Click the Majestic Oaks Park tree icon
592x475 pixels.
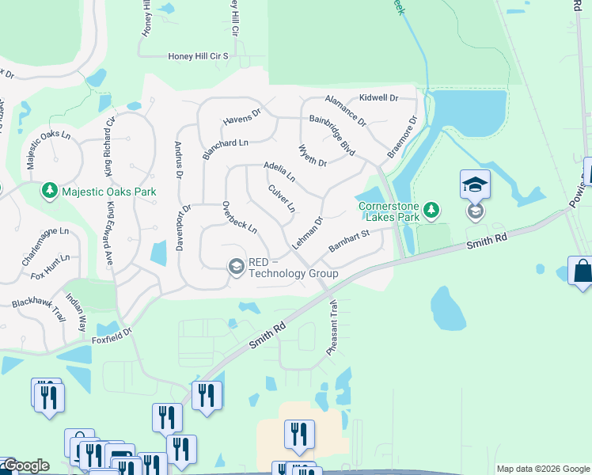[50, 192]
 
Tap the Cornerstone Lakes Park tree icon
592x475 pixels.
[431, 211]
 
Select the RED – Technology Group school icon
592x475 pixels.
[236, 267]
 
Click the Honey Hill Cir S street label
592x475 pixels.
[198, 56]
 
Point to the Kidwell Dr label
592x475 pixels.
[378, 97]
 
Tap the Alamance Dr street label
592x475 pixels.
[346, 111]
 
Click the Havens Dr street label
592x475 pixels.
[242, 118]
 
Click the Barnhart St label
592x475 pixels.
[349, 241]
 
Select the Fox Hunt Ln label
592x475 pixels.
[51, 263]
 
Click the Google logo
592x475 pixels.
[25, 465]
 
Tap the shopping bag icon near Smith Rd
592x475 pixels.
[581, 272]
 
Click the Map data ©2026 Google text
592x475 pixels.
[543, 469]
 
